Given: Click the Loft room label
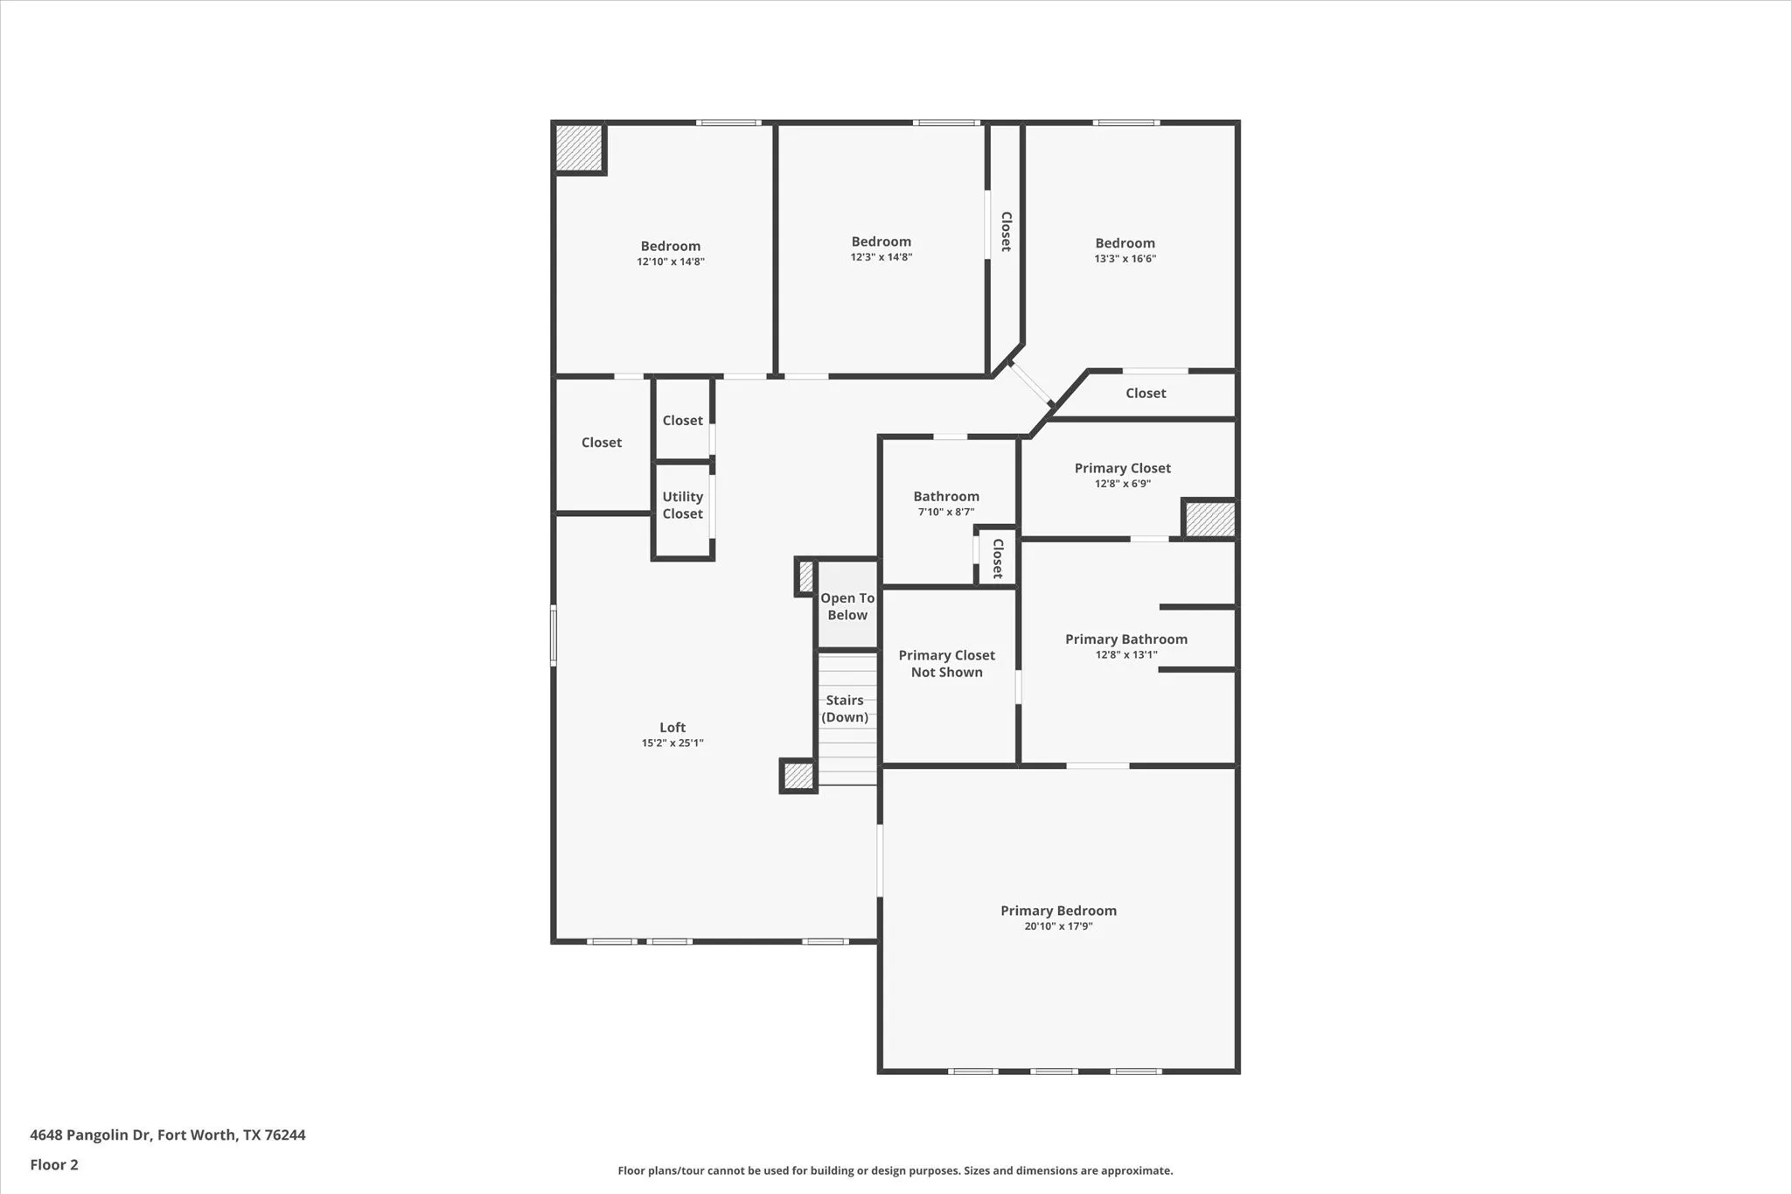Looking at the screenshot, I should click(x=672, y=727).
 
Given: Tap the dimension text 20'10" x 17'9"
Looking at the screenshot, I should click(x=1058, y=926).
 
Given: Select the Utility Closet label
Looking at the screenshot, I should click(x=682, y=506).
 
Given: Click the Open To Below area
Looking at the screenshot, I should click(x=847, y=606).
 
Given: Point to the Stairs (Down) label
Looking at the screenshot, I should click(x=845, y=709).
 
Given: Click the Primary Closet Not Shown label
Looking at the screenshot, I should click(x=946, y=664).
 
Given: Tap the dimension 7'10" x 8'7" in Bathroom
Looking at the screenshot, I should click(x=945, y=513).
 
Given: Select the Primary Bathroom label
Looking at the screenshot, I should click(x=1125, y=639).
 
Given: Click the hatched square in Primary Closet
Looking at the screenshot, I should click(x=1209, y=520).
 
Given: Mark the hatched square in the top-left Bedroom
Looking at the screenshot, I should click(x=579, y=148).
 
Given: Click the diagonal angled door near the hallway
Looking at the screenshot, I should click(x=1030, y=384).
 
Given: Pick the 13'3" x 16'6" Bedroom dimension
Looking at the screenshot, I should click(x=1125, y=259).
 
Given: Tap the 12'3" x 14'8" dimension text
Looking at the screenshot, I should click(x=881, y=257).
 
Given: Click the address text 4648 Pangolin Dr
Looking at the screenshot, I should click(x=167, y=1135).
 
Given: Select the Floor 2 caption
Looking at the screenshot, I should click(x=54, y=1165).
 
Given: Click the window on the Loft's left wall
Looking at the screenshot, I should click(x=553, y=636).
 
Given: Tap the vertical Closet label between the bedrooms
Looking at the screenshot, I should click(x=1006, y=232).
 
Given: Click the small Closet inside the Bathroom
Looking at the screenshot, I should click(x=997, y=558).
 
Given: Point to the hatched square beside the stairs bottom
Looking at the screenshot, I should click(x=798, y=776).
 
